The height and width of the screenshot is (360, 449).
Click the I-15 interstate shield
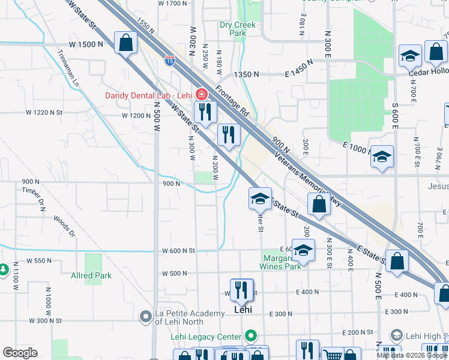tap(170, 60)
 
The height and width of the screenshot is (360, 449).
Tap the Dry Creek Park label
tap(238, 29)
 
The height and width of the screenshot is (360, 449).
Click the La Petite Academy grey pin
tap(145, 316)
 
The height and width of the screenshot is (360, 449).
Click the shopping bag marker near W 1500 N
tap(126, 43)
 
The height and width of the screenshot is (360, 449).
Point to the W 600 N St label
tap(179, 251)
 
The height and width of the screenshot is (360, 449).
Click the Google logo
tap(20, 352)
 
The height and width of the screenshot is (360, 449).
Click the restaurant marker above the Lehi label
tap(242, 290)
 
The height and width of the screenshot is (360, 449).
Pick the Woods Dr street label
tap(63, 227)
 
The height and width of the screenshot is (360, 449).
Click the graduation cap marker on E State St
tap(260, 199)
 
